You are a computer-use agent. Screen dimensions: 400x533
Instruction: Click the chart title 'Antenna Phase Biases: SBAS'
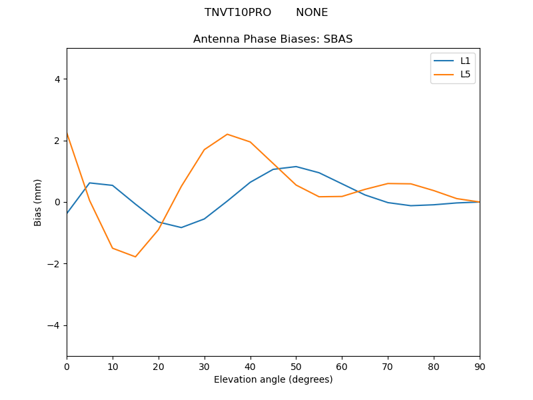pos(272,39)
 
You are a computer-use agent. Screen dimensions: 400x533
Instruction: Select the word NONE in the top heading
pos(312,13)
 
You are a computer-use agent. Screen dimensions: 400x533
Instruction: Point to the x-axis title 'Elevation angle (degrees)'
pos(273,380)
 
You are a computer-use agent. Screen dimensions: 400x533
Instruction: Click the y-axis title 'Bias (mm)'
pos(38,202)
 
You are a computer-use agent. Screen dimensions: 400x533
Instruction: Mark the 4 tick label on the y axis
pos(57,79)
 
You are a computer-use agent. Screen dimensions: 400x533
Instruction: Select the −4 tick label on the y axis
pos(54,325)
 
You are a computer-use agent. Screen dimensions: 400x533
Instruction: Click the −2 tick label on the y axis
pos(54,264)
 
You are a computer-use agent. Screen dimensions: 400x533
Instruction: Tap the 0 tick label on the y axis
pos(57,202)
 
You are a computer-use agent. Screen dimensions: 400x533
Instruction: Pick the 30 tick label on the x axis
pos(205,365)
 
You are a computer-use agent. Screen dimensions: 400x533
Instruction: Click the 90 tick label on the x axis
pos(480,365)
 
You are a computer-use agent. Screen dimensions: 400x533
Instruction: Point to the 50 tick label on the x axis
pos(296,365)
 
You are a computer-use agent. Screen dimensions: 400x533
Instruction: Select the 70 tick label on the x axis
pos(388,365)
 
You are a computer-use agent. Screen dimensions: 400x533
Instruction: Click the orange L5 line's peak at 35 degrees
pos(227,134)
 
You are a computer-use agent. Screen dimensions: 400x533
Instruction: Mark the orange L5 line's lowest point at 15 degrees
pos(135,257)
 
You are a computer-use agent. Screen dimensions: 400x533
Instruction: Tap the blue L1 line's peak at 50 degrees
pos(296,167)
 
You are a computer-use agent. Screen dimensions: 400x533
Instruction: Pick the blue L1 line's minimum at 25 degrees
pos(181,227)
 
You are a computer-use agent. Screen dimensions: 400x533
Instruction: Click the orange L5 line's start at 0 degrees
pos(67,133)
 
